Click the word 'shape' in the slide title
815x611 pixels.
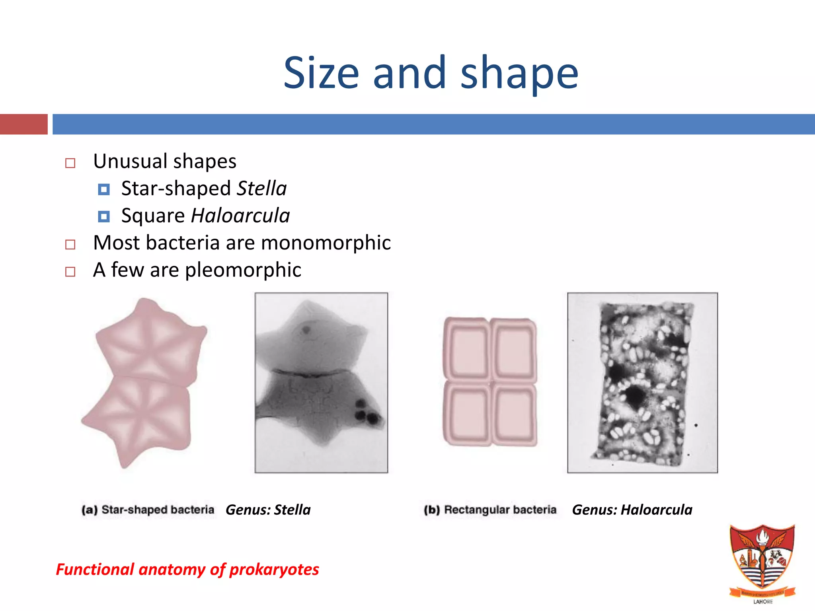(x=519, y=74)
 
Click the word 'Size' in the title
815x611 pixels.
(x=321, y=74)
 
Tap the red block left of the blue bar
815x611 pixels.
(x=23, y=124)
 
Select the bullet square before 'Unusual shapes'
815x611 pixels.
(x=70, y=163)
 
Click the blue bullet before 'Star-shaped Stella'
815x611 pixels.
(x=104, y=189)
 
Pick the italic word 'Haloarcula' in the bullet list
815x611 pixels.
(x=240, y=216)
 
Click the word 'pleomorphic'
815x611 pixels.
(x=243, y=270)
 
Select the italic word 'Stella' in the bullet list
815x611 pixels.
(x=261, y=189)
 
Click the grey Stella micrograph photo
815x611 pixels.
(x=321, y=382)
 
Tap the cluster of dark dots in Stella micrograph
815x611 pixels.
(x=367, y=412)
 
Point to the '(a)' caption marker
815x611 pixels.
(x=90, y=510)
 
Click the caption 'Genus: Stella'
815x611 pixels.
(x=268, y=510)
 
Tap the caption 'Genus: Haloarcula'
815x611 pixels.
(x=632, y=510)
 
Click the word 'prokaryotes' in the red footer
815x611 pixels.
(x=274, y=570)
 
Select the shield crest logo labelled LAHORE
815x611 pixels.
(x=762, y=561)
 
